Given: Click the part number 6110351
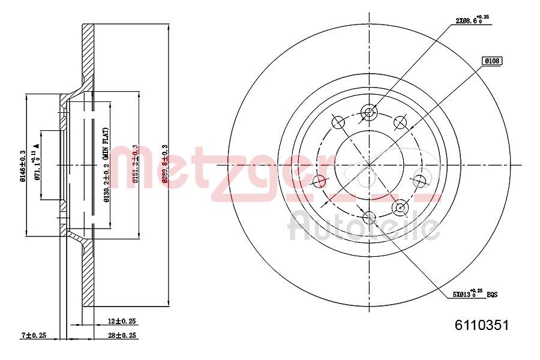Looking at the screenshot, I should click(x=482, y=326).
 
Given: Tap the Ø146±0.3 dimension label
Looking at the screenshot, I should click(x=22, y=165).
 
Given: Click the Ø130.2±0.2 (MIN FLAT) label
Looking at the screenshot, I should click(x=106, y=166).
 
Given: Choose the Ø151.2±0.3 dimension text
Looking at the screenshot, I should click(x=136, y=164).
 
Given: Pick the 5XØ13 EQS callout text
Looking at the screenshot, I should click(x=475, y=294).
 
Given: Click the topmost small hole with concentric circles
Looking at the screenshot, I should click(x=369, y=112).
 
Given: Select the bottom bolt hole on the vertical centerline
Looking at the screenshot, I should click(x=368, y=217).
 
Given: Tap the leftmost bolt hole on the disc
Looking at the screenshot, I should click(x=319, y=181).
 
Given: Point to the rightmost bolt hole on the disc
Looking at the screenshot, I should click(x=419, y=181).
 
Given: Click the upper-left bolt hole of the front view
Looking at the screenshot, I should click(x=338, y=122).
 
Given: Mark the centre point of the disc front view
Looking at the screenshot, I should click(x=368, y=164).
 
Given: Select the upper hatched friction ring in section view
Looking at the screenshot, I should click(x=88, y=54).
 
